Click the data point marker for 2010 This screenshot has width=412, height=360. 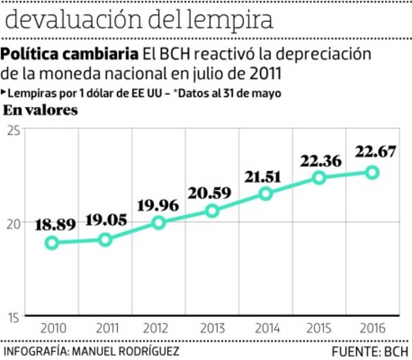click(52, 242)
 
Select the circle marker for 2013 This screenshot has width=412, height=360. click(212, 210)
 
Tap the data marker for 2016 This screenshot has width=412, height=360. click(372, 172)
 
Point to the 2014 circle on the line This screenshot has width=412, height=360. click(266, 194)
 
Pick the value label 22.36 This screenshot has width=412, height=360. click(321, 161)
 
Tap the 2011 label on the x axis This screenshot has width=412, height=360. click(107, 328)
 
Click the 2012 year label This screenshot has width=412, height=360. click(155, 328)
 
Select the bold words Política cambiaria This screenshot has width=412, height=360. click(70, 54)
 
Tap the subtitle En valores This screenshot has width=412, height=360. click(40, 110)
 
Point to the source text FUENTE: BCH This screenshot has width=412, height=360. click(370, 352)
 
